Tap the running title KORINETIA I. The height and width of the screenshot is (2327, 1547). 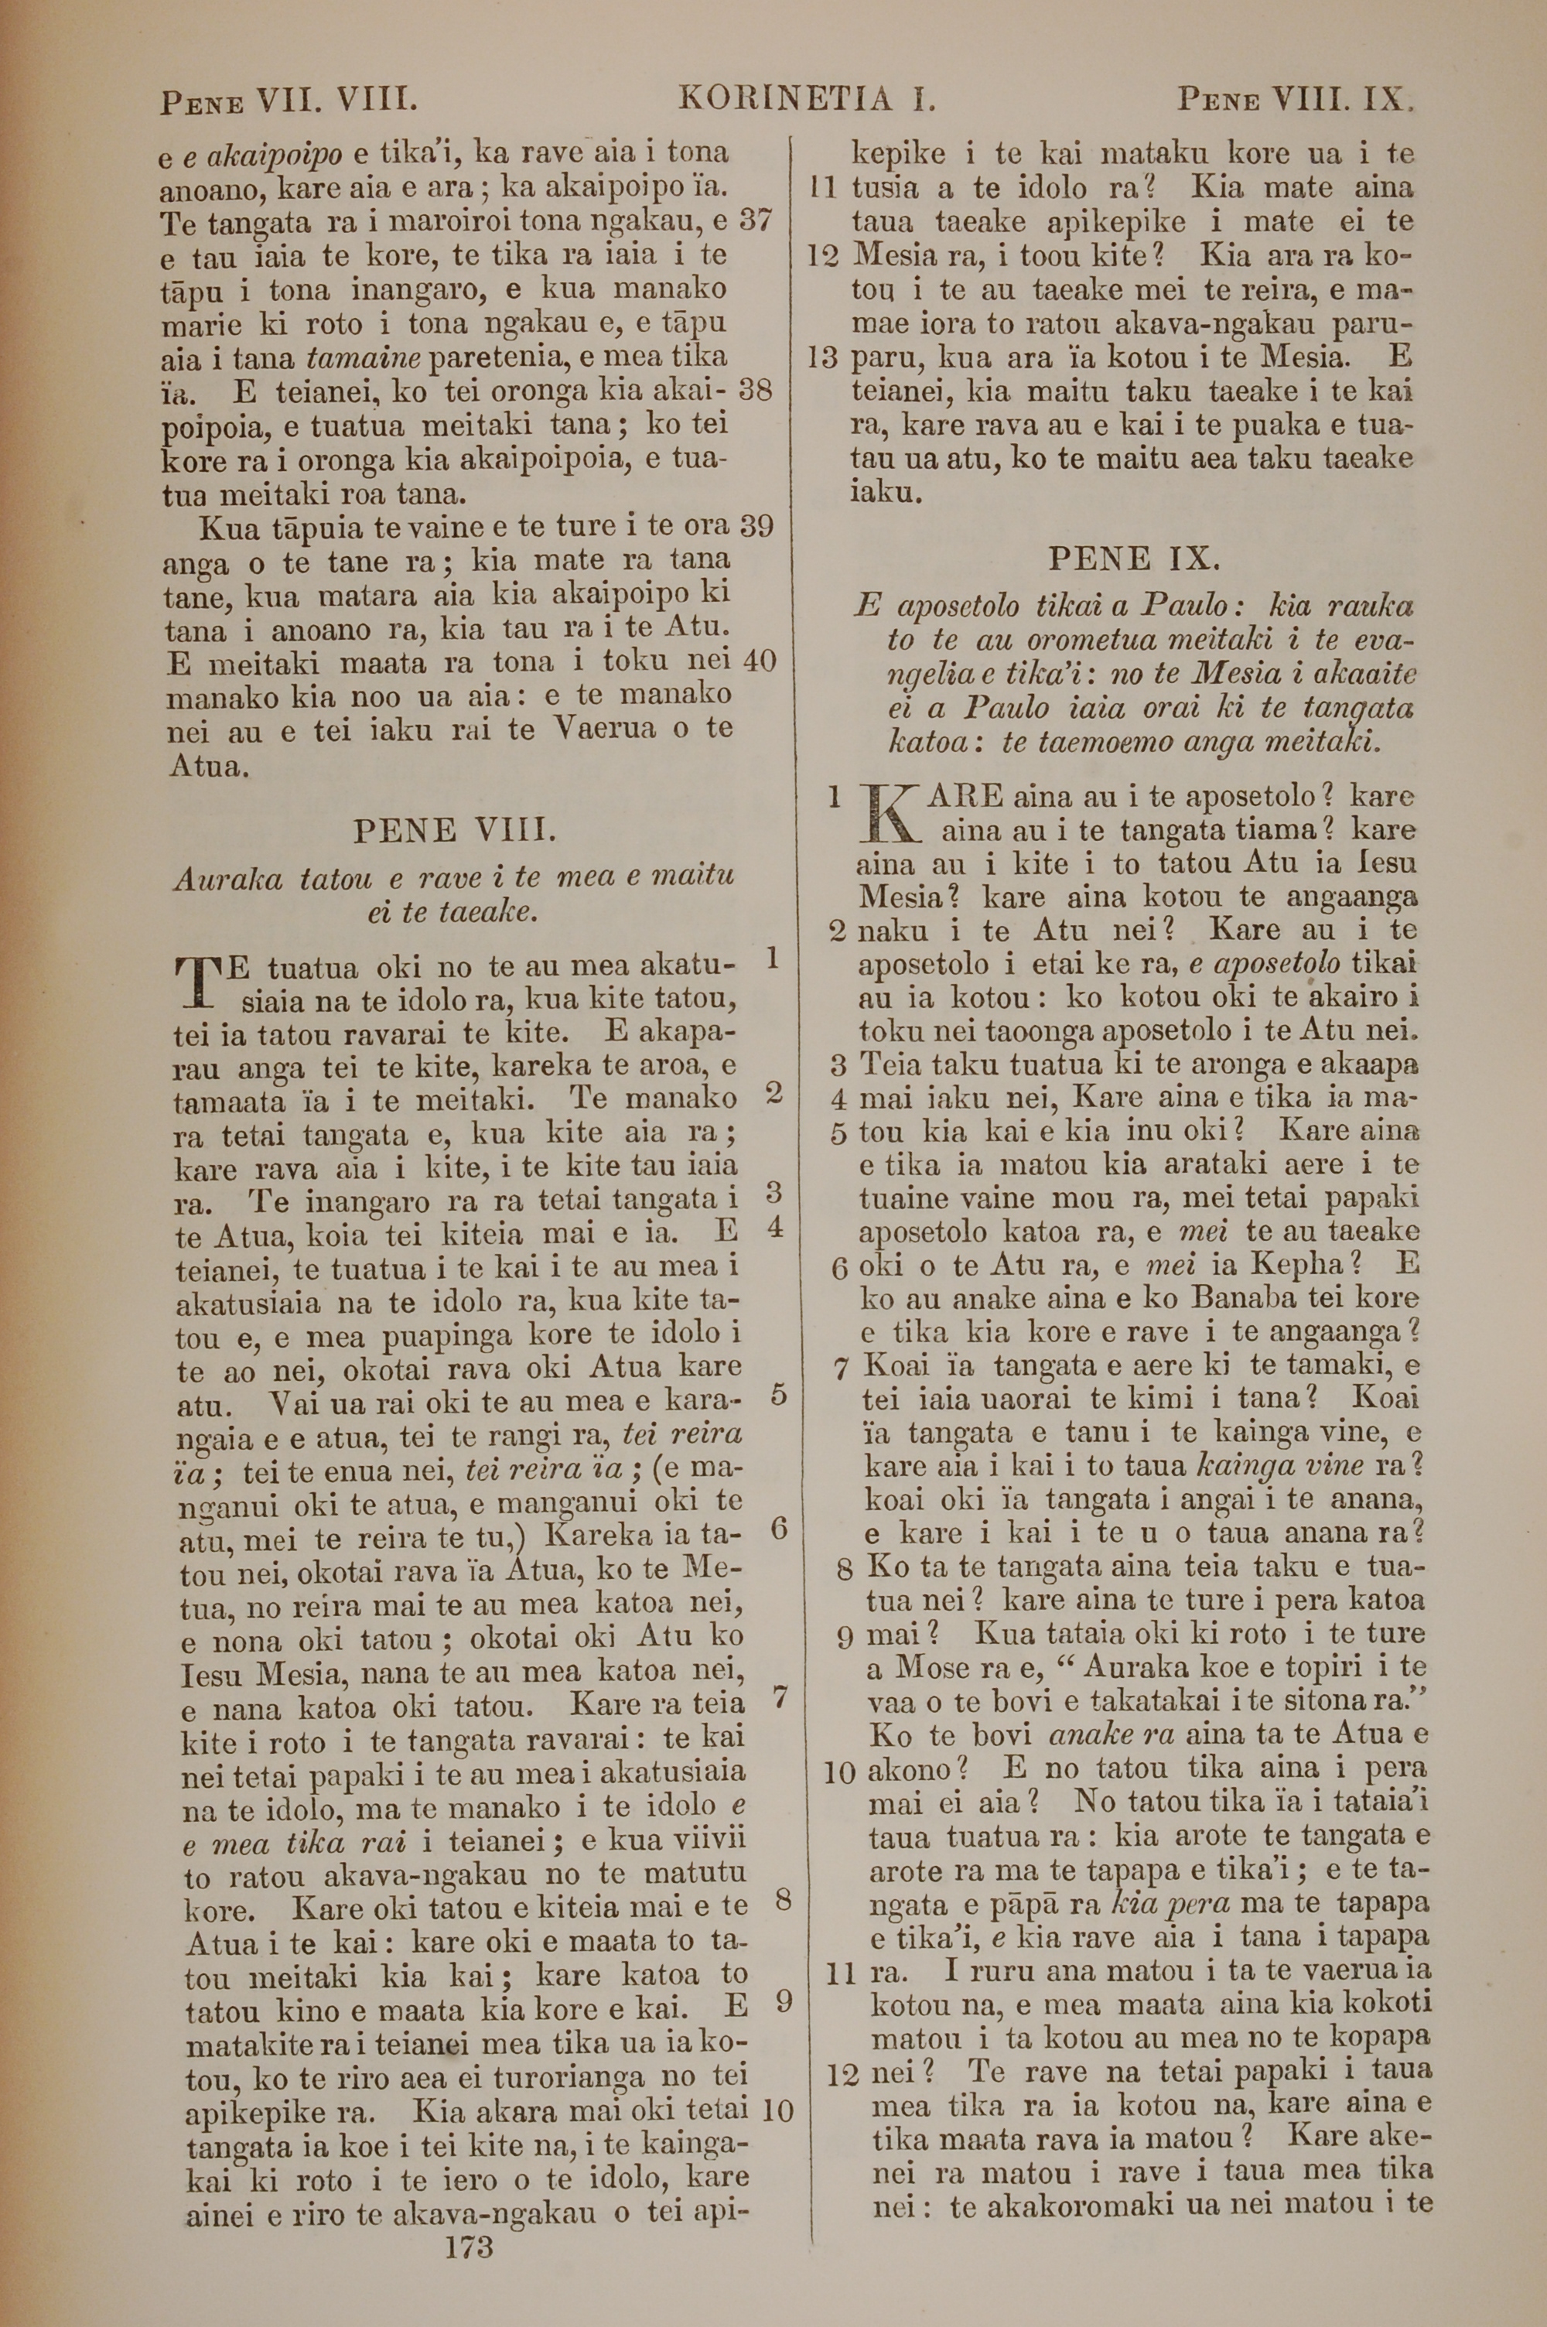coord(807,99)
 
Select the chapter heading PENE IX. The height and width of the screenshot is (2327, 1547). coord(1134,560)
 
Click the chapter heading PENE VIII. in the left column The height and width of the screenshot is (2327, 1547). coord(455,831)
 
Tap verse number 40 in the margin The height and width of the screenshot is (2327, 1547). coord(759,660)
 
